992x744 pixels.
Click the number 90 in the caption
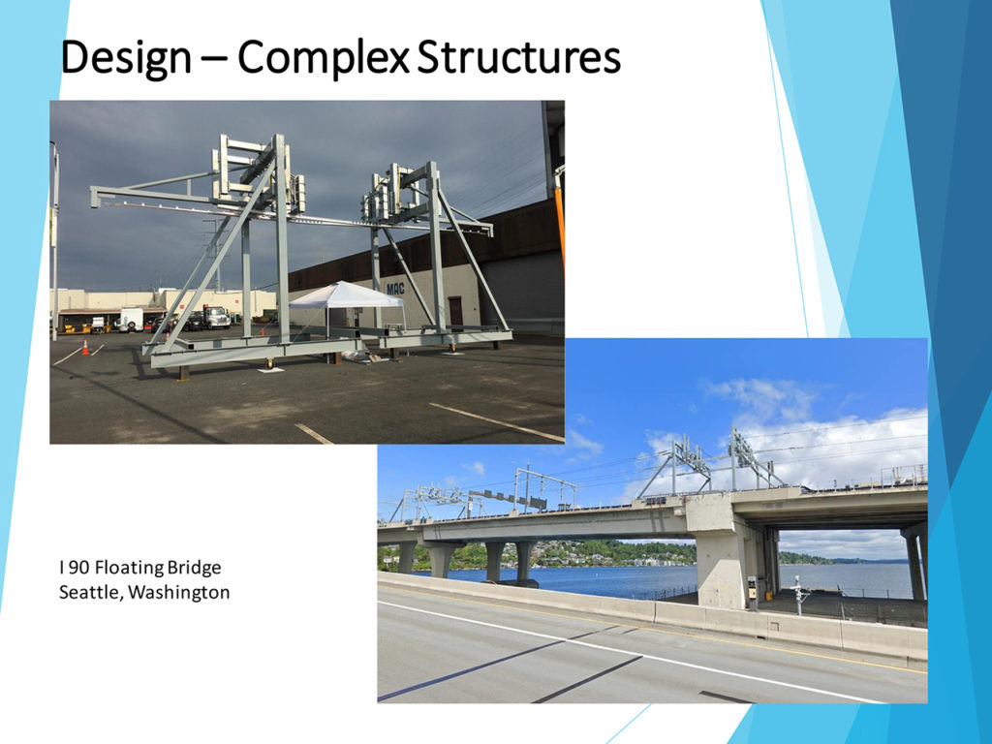coord(79,568)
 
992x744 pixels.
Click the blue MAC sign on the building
coord(395,289)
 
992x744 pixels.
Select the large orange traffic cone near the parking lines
coord(85,347)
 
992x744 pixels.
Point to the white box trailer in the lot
coord(132,319)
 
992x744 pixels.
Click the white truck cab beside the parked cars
coord(216,317)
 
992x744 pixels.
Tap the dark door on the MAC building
coord(455,313)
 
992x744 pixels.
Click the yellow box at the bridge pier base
coord(752,592)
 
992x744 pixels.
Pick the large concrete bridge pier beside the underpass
coord(720,550)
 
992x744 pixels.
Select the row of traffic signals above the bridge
coord(508,499)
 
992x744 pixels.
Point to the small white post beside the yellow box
coord(799,596)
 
